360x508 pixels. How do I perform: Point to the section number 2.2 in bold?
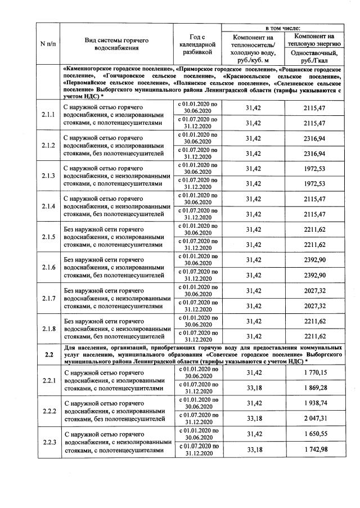(48, 355)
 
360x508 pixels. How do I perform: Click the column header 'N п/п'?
(48, 44)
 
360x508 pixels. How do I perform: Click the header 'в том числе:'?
(283, 27)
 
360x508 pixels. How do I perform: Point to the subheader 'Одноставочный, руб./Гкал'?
(313, 56)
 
